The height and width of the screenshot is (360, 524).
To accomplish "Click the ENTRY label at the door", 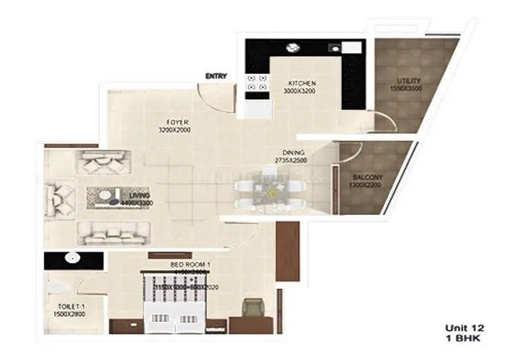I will coord(216,76).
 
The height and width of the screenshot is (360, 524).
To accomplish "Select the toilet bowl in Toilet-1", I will coord(58,286).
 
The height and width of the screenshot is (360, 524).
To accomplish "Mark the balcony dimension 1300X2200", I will coord(365,185).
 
